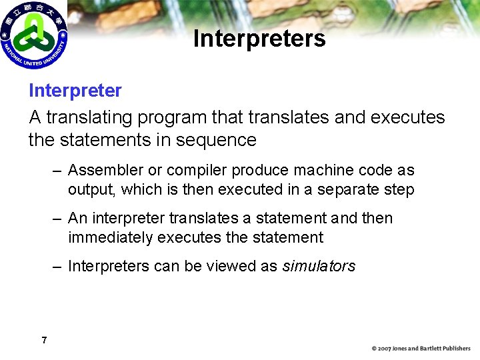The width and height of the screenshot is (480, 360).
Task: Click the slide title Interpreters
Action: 259,39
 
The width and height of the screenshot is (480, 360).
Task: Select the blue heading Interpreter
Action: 75,91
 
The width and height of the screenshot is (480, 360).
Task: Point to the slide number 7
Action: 44,341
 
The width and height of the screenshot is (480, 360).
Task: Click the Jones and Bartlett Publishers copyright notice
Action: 421,349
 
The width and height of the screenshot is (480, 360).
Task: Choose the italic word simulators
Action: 319,266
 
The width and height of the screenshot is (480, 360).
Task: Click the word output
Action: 91,189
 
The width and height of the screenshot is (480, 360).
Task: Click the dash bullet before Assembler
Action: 58,171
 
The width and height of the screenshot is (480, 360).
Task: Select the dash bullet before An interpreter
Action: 58,219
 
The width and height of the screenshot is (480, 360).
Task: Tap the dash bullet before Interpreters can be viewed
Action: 58,266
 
